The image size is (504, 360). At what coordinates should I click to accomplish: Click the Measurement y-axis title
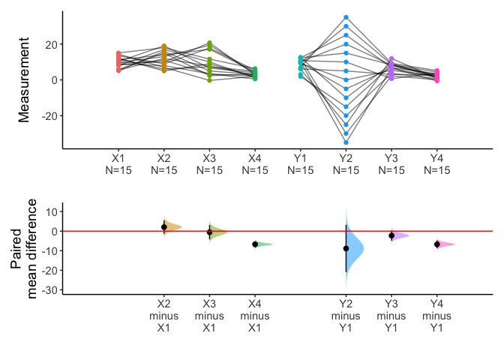tap(24, 80)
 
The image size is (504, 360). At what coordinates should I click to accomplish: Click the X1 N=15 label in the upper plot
tap(118, 164)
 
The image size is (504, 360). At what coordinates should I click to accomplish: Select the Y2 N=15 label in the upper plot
tap(346, 164)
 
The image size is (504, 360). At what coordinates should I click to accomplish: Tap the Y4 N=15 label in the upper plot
tap(436, 164)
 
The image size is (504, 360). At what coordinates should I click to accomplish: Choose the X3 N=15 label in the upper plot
tap(209, 164)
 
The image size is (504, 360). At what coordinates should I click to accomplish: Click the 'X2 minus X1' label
tap(163, 316)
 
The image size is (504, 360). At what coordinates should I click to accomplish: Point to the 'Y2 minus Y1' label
tap(346, 316)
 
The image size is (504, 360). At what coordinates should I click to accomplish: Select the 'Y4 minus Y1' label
tap(436, 316)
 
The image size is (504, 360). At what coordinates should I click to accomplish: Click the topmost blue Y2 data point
tap(346, 17)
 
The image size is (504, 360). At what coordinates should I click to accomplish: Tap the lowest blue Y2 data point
tap(346, 142)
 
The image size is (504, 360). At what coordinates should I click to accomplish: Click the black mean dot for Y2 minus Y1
tap(346, 248)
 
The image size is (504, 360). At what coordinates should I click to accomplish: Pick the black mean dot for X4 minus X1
tap(255, 244)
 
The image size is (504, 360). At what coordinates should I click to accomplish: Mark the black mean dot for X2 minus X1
tap(163, 226)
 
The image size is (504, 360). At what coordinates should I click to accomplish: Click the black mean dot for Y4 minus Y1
tap(436, 244)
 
